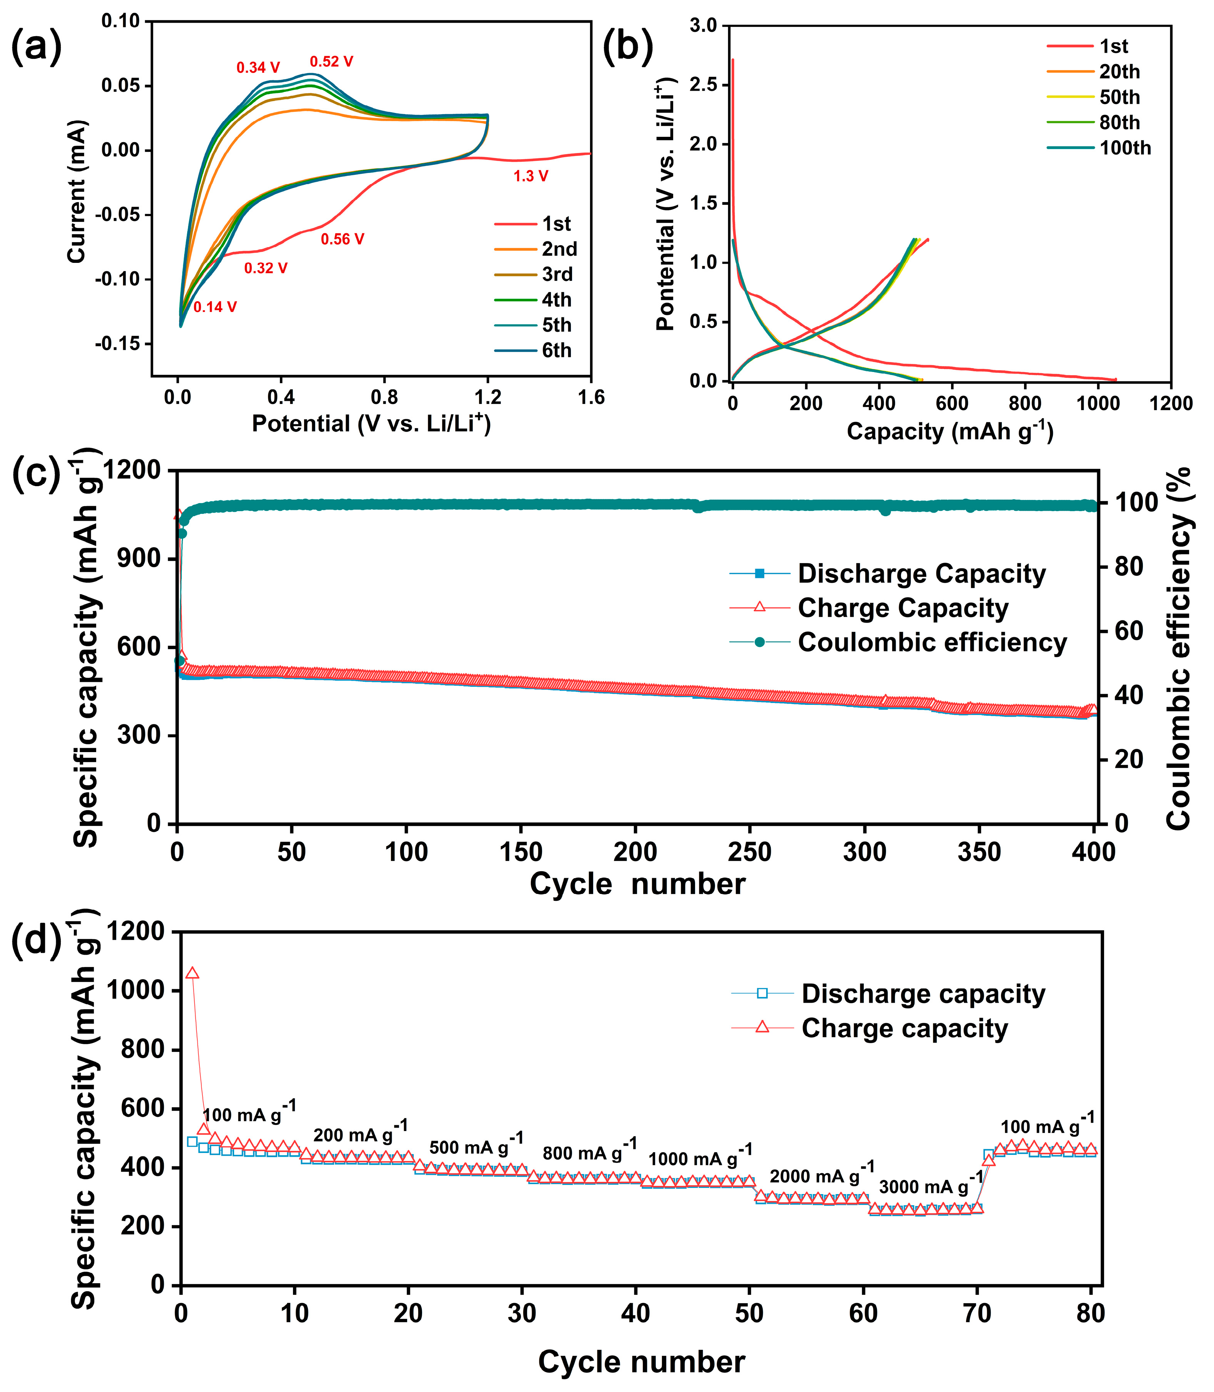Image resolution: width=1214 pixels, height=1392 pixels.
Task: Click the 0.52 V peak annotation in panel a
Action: pyautogui.click(x=331, y=61)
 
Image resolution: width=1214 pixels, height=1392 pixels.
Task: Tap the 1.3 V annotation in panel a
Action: pyautogui.click(x=531, y=176)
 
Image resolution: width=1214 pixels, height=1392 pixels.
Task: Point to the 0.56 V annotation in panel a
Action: pyautogui.click(x=342, y=239)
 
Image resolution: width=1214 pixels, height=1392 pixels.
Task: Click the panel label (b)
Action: pyautogui.click(x=627, y=47)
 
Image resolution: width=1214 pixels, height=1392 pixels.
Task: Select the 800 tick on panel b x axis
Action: pyautogui.click(x=1024, y=404)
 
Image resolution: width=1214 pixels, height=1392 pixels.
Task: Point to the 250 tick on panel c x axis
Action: pyautogui.click(x=749, y=852)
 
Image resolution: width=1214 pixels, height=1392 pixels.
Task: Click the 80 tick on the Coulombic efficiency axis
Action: pyautogui.click(x=1126, y=566)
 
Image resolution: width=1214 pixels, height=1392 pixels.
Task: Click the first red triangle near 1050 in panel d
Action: pyautogui.click(x=192, y=973)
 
